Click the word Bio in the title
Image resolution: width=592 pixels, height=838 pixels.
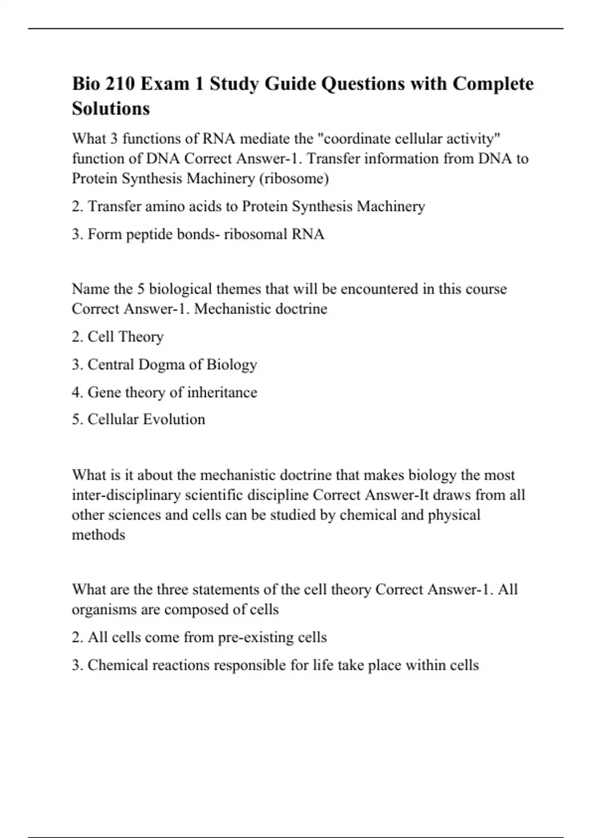point(87,84)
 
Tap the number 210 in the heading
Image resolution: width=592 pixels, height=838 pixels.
point(120,84)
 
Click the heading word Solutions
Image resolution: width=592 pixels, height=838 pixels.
point(111,108)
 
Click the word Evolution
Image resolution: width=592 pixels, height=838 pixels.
point(174,419)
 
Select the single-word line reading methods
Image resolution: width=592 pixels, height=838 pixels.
point(99,535)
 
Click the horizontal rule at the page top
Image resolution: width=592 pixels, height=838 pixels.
point(296,29)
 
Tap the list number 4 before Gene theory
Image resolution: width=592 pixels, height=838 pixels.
point(76,392)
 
